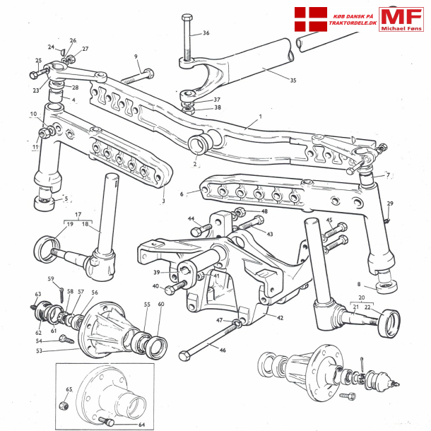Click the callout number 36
click(x=206, y=33)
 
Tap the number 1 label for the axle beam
click(x=260, y=116)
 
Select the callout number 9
click(x=136, y=57)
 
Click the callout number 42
click(x=280, y=318)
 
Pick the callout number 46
click(x=223, y=350)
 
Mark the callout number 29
click(x=389, y=203)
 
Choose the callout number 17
click(x=78, y=214)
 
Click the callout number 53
click(x=40, y=350)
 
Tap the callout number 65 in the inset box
click(x=69, y=389)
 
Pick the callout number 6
click(x=182, y=194)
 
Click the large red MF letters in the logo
click(x=401, y=18)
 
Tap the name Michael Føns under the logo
click(x=401, y=30)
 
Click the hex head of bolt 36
click(x=187, y=16)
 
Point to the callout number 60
click(x=161, y=304)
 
